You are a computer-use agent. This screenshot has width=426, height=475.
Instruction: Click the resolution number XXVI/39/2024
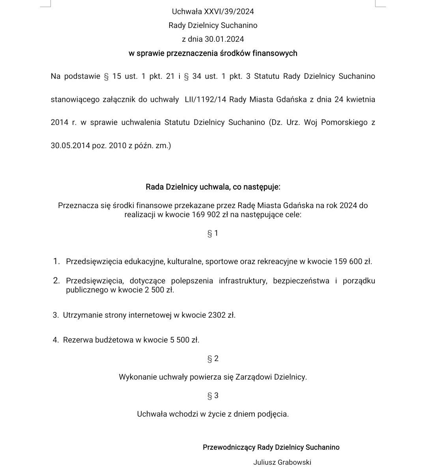tap(229, 11)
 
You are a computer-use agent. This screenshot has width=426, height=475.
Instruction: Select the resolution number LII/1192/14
tap(205, 99)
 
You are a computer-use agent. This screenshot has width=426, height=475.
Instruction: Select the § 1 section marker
tap(213, 233)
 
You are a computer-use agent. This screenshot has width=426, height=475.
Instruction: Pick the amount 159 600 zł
tap(353, 261)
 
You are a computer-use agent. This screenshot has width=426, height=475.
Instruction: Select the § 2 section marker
tap(213, 359)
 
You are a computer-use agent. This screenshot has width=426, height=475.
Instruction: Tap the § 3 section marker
tap(213, 396)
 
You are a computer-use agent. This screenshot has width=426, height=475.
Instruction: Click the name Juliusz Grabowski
tap(282, 462)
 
